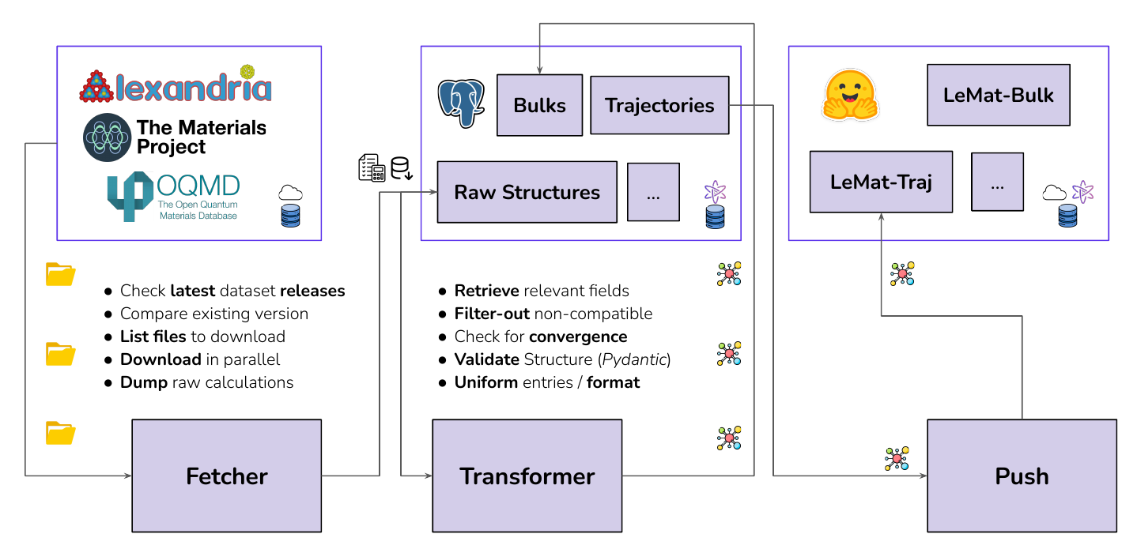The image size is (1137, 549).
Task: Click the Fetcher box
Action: (226, 476)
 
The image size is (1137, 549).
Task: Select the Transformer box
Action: (527, 476)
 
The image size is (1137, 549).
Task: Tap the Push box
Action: (1022, 476)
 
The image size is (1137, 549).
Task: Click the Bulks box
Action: (539, 105)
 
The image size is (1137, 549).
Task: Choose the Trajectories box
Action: (659, 105)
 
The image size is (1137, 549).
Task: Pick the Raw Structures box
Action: (527, 192)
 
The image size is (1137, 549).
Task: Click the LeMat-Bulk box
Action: (998, 95)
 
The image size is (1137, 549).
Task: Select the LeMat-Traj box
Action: (881, 182)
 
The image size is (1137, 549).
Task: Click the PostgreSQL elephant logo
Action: (461, 103)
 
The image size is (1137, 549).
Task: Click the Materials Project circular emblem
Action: (107, 137)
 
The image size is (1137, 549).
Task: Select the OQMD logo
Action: (173, 196)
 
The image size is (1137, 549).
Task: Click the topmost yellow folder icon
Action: (61, 274)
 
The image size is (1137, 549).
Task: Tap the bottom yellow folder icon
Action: (61, 433)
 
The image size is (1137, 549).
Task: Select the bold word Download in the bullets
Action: (161, 359)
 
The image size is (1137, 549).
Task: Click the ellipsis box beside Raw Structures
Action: (653, 192)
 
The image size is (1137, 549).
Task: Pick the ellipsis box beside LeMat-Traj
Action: (997, 182)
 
